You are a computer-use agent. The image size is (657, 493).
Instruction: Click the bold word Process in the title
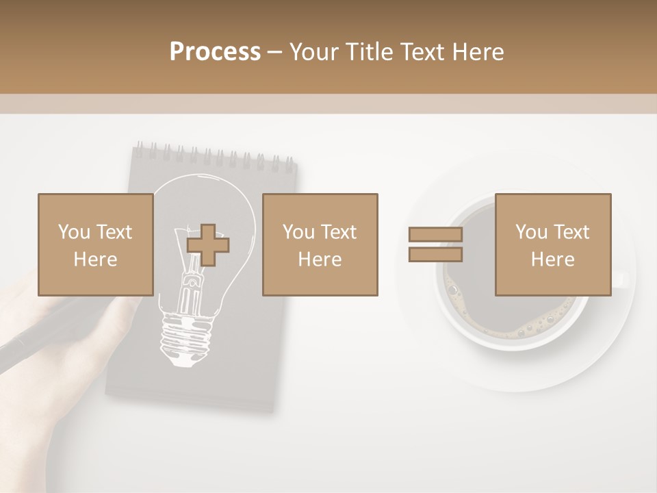pos(215,52)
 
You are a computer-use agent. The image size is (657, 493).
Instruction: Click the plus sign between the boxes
pos(208,245)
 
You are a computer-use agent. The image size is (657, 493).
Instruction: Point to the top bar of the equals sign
pos(435,235)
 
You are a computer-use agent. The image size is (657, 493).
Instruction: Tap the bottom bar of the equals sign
pos(435,255)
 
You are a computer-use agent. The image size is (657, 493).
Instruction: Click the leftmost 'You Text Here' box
pos(96,245)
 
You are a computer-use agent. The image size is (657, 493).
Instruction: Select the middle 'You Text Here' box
pos(320,245)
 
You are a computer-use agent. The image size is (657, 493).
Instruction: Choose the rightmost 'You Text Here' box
pos(552,245)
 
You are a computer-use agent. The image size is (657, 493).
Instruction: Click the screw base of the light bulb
pos(183,339)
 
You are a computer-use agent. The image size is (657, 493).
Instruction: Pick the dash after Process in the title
pos(274,52)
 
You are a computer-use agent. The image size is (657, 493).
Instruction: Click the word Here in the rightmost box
pos(552,260)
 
